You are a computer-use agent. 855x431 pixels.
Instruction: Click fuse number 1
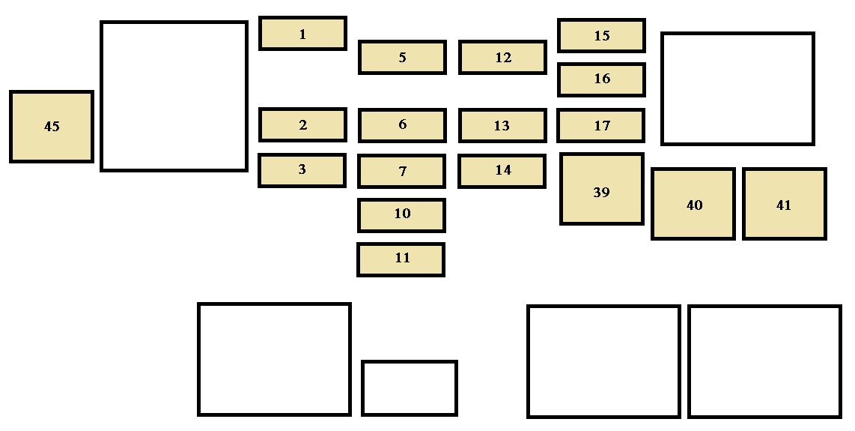[x=302, y=34]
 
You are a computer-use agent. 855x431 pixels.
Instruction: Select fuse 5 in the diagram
[x=402, y=58]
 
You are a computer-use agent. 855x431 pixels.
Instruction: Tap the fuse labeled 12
[x=502, y=58]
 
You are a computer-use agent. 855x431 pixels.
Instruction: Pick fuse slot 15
[x=601, y=36]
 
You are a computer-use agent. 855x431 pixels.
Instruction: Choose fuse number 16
[x=601, y=79]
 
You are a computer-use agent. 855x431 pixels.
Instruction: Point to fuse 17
[x=600, y=126]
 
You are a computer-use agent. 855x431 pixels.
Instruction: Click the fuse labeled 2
[x=302, y=125]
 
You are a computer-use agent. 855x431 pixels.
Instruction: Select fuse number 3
[x=302, y=170]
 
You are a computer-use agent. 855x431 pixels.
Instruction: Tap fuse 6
[x=402, y=125]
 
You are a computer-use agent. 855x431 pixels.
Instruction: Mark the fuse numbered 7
[x=402, y=172]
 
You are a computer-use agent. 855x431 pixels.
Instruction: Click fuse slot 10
[x=401, y=215]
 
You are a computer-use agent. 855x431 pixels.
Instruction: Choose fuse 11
[x=401, y=259]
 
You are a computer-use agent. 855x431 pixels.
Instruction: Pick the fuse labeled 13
[x=502, y=126]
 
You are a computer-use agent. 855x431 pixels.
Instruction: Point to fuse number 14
[x=502, y=171]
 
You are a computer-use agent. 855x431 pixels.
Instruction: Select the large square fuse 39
[x=601, y=190]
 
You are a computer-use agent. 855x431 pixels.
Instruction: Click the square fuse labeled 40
[x=693, y=204]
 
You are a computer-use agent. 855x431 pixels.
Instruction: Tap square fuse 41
[x=784, y=204]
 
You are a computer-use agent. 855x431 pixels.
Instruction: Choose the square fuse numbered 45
[x=52, y=127]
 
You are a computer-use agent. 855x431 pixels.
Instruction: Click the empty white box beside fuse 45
[x=174, y=96]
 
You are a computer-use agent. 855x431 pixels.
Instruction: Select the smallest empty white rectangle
[x=410, y=388]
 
